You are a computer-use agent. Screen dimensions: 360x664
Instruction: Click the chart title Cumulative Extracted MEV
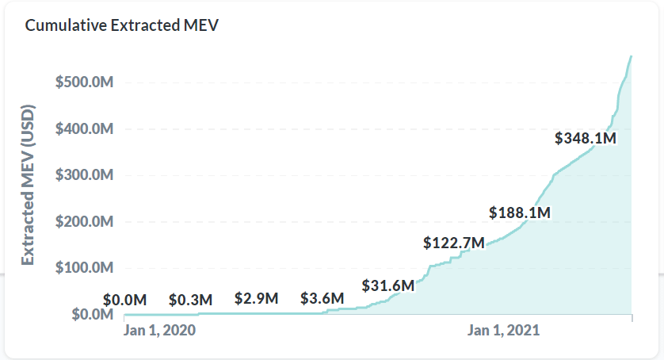[x=121, y=25]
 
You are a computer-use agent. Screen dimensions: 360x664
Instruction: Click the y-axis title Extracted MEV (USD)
[x=28, y=184]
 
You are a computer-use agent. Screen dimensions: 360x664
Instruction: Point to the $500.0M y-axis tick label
[x=85, y=82]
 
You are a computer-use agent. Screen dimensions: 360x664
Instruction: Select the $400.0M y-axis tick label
[x=85, y=129]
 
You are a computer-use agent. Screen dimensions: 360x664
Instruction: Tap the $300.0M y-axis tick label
[x=85, y=175]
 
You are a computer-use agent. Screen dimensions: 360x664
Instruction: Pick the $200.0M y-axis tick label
[x=85, y=222]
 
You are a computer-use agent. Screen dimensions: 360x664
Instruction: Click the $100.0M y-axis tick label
[x=85, y=268]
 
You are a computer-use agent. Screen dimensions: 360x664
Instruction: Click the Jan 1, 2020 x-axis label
[x=159, y=331]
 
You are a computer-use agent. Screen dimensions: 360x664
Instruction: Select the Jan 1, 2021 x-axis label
[x=504, y=331]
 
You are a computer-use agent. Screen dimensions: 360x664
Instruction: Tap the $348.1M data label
[x=585, y=139]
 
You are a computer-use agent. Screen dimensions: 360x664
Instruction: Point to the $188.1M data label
[x=519, y=213]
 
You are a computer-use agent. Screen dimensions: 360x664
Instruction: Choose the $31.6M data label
[x=388, y=285]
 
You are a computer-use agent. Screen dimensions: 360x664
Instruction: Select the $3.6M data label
[x=322, y=299]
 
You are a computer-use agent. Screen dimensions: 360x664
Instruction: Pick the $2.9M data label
[x=257, y=299]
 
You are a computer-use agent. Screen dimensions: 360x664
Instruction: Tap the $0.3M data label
[x=191, y=300]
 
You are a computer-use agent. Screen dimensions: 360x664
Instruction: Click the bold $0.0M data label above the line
[x=125, y=300]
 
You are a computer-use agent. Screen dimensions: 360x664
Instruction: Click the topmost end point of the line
[x=631, y=56]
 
